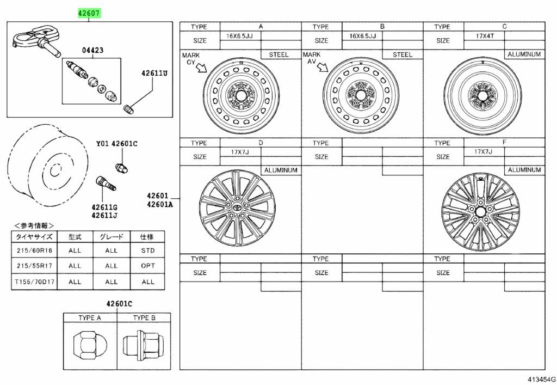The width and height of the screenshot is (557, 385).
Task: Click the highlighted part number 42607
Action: pos(89,13)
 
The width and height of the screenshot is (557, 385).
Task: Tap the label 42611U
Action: pos(154,72)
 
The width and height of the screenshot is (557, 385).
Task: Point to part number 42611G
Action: pos(104,207)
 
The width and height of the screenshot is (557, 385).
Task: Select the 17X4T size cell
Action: pos(484,36)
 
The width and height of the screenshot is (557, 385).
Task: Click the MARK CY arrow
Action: pos(201,68)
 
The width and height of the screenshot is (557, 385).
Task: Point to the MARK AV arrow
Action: pos(323,68)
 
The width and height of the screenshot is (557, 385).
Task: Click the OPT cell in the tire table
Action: pos(147,266)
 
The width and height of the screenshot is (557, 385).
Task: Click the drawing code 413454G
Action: pos(540,378)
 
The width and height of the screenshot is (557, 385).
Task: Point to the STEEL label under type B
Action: pos(403,54)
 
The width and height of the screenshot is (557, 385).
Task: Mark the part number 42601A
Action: pos(159,205)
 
